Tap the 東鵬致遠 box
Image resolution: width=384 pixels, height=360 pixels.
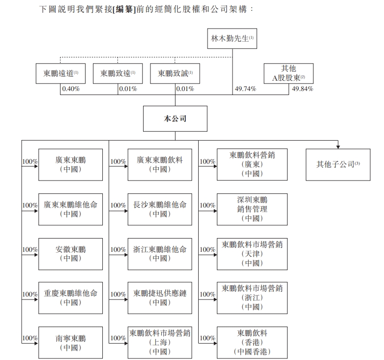pyautogui.click(x=118, y=73)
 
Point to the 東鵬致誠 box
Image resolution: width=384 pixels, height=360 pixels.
pyautogui.click(x=175, y=73)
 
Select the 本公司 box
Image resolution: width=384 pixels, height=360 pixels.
pyautogui.click(x=175, y=119)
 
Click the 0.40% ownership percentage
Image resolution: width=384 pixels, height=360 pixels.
pyautogui.click(x=70, y=89)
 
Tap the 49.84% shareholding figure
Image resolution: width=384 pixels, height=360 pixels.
pyautogui.click(x=302, y=89)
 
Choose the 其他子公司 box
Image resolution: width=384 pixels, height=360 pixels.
pyautogui.click(x=338, y=164)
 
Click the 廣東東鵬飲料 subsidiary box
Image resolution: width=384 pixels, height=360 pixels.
pyautogui.click(x=160, y=165)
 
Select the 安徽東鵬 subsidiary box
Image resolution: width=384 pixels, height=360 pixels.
pyautogui.click(x=70, y=254)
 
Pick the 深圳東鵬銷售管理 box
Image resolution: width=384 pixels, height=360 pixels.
pyautogui.click(x=252, y=209)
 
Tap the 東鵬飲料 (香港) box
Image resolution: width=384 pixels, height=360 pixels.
pyautogui.click(x=252, y=342)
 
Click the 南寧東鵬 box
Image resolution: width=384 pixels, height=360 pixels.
pyautogui.click(x=70, y=343)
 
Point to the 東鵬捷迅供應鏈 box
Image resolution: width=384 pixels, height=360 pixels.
pyautogui.click(x=160, y=298)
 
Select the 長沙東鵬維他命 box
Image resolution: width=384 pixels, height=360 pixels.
pyautogui.click(x=160, y=209)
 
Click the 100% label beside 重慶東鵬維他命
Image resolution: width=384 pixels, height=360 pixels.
pyautogui.click(x=30, y=294)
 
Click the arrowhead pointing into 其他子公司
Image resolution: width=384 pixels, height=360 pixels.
pyautogui.click(x=338, y=146)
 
